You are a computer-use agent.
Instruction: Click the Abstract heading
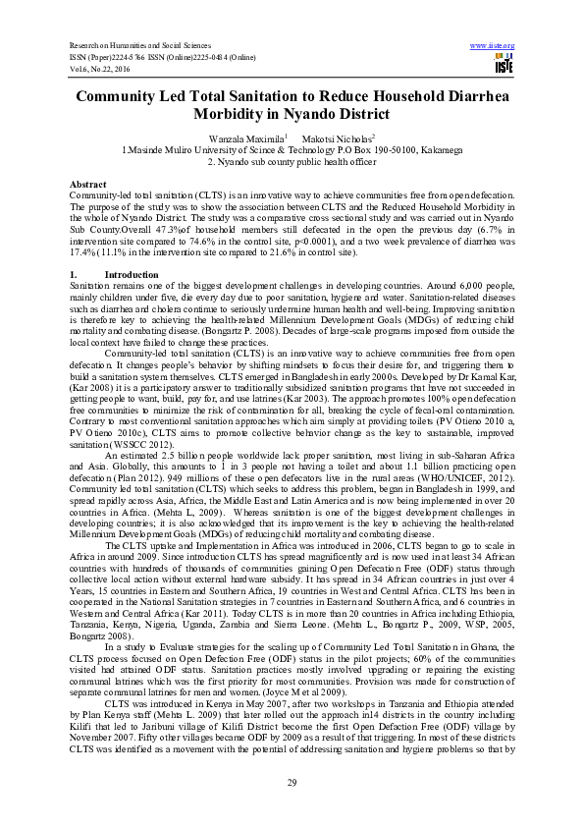[88, 185]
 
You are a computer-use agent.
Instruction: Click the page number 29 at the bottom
[292, 780]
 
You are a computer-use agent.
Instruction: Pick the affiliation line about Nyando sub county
[292, 162]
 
